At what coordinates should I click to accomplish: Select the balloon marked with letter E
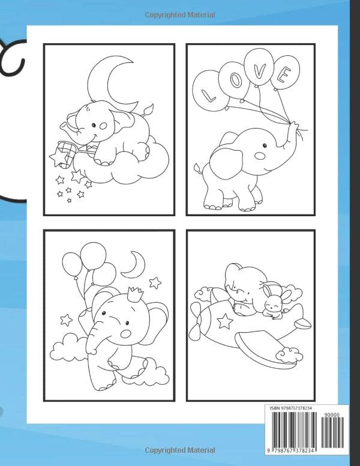click(284, 74)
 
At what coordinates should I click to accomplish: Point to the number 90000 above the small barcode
click(332, 414)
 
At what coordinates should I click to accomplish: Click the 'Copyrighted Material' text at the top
click(179, 14)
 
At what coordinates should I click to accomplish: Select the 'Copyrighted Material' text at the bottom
click(179, 450)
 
